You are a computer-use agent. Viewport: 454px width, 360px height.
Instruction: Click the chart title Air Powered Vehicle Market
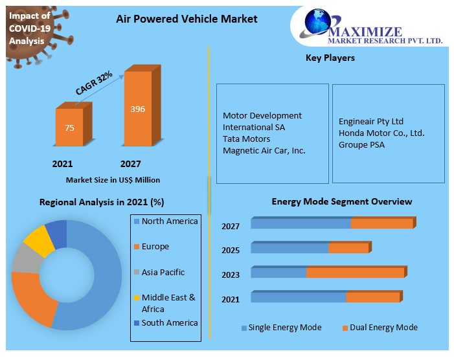point(187,19)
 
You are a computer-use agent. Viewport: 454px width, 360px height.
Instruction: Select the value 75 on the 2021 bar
point(69,128)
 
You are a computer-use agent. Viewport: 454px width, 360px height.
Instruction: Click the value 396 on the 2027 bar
point(137,109)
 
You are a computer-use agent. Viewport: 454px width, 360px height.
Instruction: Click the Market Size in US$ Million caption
point(113,179)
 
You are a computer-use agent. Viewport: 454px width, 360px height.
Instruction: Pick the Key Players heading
point(330,58)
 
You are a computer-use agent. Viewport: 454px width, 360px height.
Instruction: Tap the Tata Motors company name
point(246,139)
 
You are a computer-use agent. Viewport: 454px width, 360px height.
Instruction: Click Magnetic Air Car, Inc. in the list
point(264,150)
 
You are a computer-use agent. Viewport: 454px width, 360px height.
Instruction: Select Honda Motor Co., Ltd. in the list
point(381,133)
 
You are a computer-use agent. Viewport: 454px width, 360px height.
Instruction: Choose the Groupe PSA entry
point(361,144)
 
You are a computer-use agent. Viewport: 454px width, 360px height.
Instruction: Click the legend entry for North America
point(169,221)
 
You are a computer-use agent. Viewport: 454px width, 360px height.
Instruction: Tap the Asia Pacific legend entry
point(163,273)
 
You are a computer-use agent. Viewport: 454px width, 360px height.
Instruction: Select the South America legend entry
point(169,323)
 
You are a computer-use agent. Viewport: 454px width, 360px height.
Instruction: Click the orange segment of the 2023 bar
point(355,273)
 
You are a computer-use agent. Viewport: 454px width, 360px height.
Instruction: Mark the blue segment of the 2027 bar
point(301,224)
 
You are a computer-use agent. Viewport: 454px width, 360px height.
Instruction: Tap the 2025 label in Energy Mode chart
point(231,251)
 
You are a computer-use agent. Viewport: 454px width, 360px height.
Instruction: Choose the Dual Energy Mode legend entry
point(383,328)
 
